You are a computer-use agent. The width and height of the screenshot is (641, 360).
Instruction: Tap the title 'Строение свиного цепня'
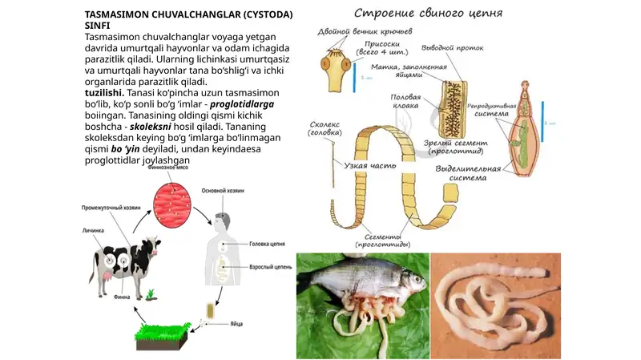[x=429, y=14]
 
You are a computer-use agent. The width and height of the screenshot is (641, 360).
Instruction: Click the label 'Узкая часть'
[x=367, y=166]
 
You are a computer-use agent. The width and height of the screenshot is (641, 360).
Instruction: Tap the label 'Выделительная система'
[x=469, y=172]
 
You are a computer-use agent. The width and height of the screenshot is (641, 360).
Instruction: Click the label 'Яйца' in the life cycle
[x=236, y=323]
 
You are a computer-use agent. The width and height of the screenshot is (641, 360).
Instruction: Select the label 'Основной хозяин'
[x=222, y=191]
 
